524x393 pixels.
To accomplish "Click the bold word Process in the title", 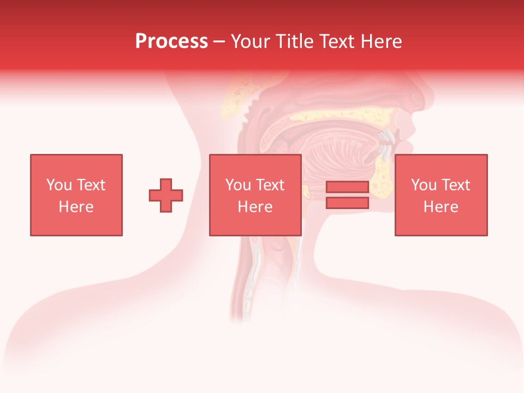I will tap(171, 41).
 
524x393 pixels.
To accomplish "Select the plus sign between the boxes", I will tap(166, 195).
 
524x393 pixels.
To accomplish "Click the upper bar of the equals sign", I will tap(347, 187).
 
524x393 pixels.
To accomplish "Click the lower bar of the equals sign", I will tap(347, 203).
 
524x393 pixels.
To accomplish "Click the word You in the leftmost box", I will tap(59, 185).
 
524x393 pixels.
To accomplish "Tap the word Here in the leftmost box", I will tap(76, 207).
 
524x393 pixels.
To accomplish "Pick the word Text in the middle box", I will tap(270, 185).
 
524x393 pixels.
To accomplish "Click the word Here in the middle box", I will tap(255, 207).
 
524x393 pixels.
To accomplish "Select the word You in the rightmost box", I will tap(424, 185).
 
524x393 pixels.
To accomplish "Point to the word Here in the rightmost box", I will tap(440, 207).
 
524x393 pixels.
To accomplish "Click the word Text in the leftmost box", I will tap(91, 185).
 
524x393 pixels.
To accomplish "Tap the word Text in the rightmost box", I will tap(455, 185).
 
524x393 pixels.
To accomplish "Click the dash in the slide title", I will tap(219, 41).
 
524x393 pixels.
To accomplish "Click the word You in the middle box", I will tap(238, 185).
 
